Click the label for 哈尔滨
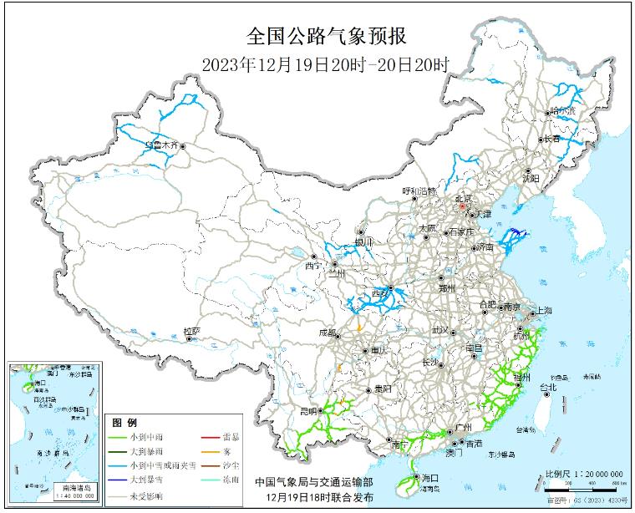pos(562,110)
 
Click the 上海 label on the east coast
pos(541,310)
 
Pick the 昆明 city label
pos(307,411)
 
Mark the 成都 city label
pos(328,333)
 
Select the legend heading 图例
pos(124,423)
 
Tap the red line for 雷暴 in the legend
pos(210,437)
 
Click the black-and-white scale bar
pos(582,482)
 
